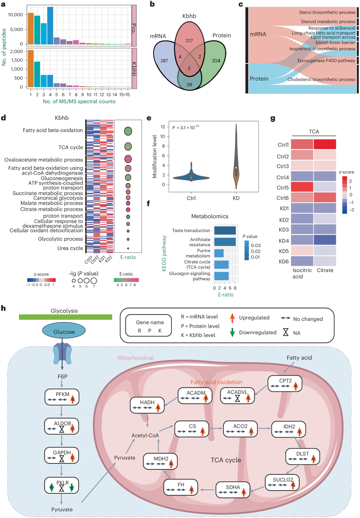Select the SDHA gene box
[x=232, y=487]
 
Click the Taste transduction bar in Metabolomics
[x=224, y=230]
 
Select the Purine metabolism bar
[x=218, y=253]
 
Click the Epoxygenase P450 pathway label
[x=327, y=61]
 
